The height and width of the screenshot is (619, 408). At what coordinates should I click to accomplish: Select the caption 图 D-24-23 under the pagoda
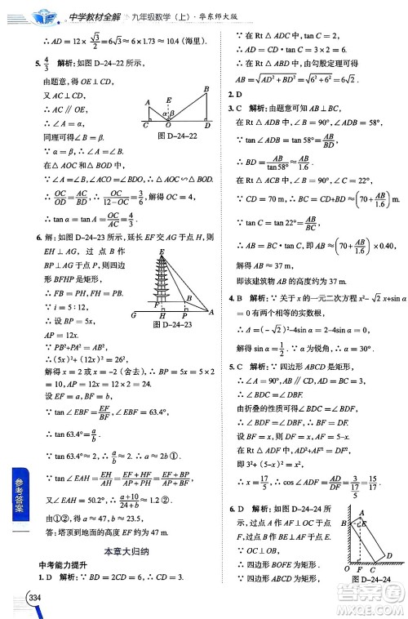[175, 323]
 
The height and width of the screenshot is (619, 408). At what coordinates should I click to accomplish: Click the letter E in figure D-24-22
[168, 101]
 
